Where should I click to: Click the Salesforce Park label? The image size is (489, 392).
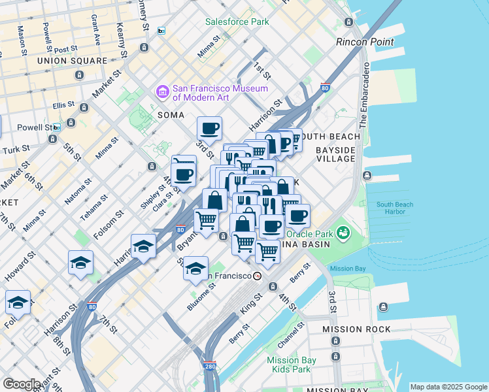coord(237,22)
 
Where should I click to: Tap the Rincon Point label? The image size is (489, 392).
coord(365,42)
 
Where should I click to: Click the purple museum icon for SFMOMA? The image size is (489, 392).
coord(162,92)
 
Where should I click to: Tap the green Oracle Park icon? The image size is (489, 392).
coord(342,233)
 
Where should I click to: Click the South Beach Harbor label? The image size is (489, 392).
coord(394,208)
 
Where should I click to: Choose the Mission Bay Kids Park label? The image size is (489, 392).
coord(292,365)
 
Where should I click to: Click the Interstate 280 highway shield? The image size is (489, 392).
coord(209,367)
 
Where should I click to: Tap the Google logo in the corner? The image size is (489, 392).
coord(21,384)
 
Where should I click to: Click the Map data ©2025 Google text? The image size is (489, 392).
coord(448,387)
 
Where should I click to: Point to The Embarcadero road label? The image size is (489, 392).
coord(363,95)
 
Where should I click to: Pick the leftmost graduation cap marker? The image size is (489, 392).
coord(18,302)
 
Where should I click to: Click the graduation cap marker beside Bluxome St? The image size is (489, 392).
coord(195,269)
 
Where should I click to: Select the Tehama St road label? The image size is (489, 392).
coord(93,206)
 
